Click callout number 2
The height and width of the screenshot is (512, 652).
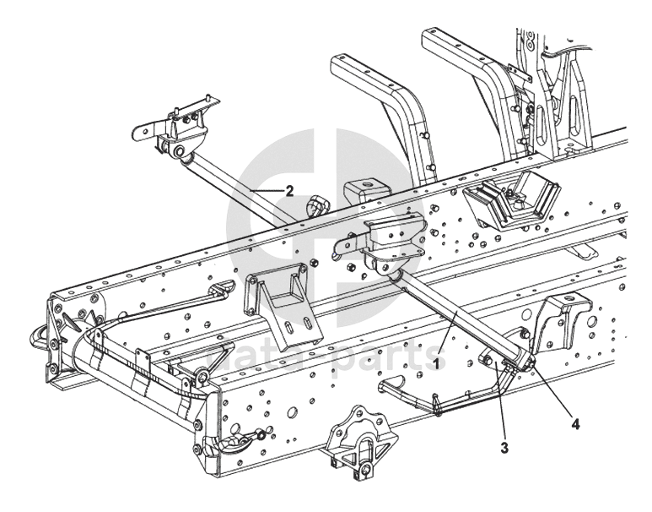289,191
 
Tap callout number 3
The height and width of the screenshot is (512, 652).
504,447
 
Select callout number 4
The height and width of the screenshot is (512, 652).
577,424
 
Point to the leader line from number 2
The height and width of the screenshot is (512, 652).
268,192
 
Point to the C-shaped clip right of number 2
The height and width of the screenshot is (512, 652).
319,204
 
